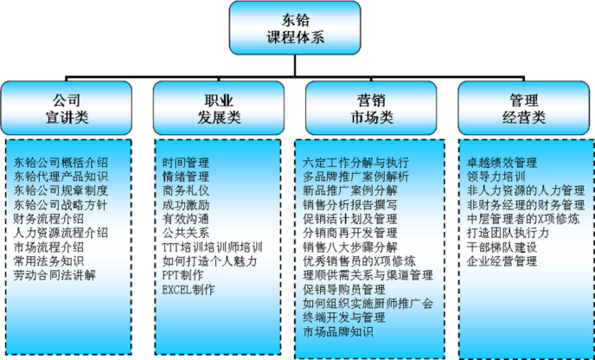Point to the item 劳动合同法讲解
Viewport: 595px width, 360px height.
pos(54,274)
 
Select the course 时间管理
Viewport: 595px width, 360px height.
pos(186,162)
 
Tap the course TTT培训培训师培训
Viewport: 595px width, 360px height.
pos(212,247)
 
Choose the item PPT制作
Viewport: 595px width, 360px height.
pos(183,275)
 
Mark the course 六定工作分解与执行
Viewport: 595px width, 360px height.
pos(356,162)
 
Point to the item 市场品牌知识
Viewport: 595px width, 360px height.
pos(338,331)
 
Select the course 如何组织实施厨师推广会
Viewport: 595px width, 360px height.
pos(368,303)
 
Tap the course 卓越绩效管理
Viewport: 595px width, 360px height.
pos(502,162)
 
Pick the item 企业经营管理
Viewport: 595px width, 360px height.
pos(502,260)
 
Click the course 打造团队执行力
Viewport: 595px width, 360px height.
pos(508,233)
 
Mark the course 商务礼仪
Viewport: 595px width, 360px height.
pos(186,190)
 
